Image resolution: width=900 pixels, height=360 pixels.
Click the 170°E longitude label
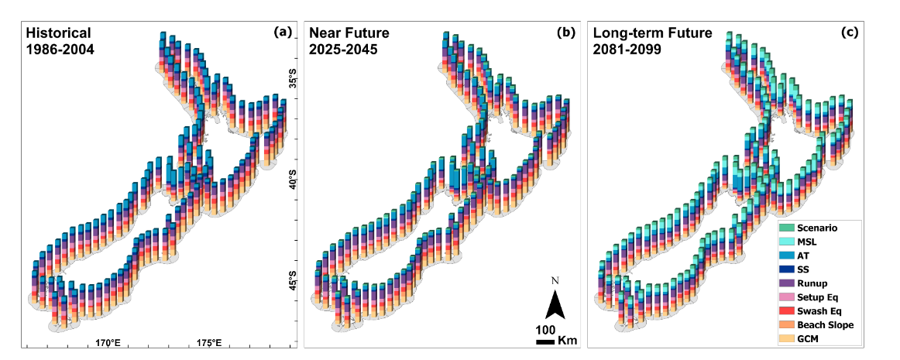108,343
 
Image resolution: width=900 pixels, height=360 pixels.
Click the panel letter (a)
283,33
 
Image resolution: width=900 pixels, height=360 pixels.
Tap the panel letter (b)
566,33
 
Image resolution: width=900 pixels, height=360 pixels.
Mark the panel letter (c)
850,33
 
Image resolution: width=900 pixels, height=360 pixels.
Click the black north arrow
555,303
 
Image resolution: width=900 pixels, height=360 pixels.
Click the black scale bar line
545,342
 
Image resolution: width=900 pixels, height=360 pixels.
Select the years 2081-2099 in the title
628,50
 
